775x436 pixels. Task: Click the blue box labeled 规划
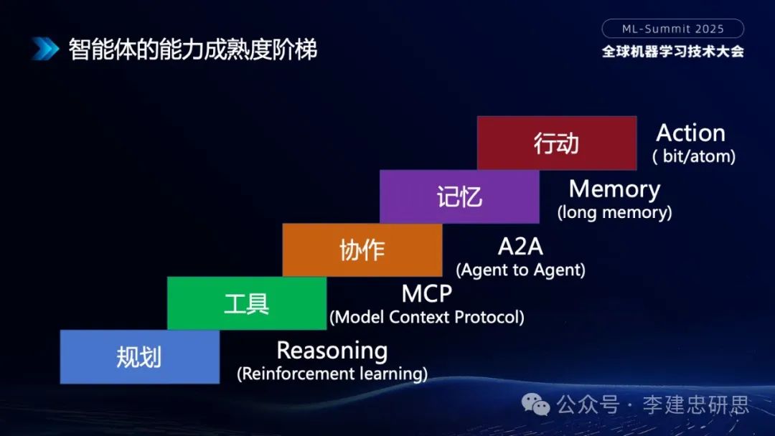coord(140,356)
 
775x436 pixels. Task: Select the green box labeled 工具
coord(247,303)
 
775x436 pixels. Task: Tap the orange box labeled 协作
coord(362,250)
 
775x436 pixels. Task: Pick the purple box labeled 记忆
coord(459,196)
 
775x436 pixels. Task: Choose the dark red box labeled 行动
coord(557,143)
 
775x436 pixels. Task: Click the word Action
coord(690,133)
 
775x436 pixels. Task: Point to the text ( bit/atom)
coord(693,156)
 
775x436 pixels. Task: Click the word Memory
coord(614,189)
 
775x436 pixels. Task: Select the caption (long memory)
coord(614,212)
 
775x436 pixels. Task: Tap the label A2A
coord(520,247)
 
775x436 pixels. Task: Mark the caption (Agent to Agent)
coord(520,270)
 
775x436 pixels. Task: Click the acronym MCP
coord(426,293)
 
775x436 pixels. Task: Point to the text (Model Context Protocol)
coord(426,316)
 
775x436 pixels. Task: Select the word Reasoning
coord(332,351)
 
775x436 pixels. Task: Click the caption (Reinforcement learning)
coord(332,374)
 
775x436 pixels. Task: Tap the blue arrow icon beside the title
coord(44,49)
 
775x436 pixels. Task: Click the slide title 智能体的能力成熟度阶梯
coord(192,49)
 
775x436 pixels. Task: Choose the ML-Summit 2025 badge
coord(672,29)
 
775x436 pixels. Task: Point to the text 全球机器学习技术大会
coord(672,52)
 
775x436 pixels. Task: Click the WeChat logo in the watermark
coord(537,405)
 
